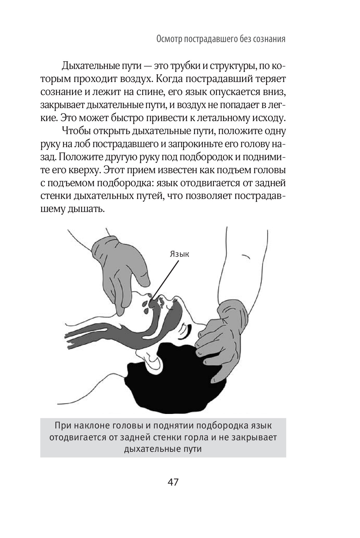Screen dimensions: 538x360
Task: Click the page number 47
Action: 173,482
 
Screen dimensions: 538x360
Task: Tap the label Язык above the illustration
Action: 179,254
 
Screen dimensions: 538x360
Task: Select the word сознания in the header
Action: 269,39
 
